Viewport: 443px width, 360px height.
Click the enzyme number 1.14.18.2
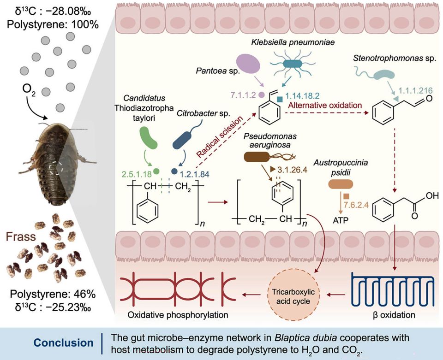tap(303, 95)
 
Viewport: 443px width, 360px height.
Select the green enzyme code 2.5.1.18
tap(136, 174)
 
